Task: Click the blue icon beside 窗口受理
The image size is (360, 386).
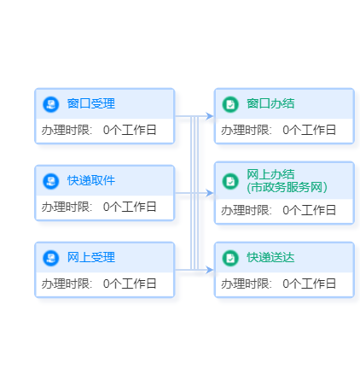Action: coord(51,104)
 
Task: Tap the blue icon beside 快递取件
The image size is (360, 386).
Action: coord(51,181)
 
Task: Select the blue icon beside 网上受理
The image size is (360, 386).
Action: coord(51,258)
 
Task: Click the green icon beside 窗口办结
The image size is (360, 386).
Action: coord(230,104)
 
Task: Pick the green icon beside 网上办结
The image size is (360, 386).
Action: coord(230,181)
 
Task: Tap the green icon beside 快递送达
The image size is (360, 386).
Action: coord(230,258)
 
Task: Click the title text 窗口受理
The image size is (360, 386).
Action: coord(91,103)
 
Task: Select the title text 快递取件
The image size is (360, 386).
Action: coord(91,180)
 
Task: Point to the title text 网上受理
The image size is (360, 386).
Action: coord(91,257)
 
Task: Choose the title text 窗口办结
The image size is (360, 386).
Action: coord(270,103)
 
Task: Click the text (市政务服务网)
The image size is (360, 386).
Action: coord(287,187)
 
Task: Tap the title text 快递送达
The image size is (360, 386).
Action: coord(270,257)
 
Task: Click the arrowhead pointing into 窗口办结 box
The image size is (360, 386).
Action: coord(209,116)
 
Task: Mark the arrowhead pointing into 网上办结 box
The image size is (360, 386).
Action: coord(209,193)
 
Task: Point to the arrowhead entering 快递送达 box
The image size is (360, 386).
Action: coord(209,270)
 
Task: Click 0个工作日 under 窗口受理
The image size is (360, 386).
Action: coord(130,130)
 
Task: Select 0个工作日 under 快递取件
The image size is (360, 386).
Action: coord(130,207)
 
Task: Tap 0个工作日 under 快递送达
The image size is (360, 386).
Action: coord(309,284)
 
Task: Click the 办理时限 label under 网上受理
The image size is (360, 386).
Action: coord(67,284)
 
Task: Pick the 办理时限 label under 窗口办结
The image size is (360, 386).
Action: coord(247,130)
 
